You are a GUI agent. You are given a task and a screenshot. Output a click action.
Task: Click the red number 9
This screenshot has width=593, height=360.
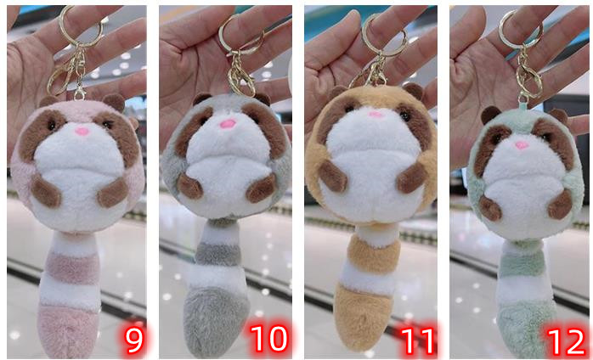(x=134, y=340)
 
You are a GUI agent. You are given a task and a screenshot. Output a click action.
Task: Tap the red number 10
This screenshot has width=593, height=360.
(x=269, y=340)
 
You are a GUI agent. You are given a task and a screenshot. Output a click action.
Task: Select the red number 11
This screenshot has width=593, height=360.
(x=417, y=341)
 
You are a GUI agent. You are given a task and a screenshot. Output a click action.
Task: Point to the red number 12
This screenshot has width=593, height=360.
(x=565, y=341)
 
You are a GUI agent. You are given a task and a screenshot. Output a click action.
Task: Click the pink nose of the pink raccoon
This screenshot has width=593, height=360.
(x=82, y=132)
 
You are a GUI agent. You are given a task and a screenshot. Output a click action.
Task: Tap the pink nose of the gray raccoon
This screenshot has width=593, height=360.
(x=228, y=124)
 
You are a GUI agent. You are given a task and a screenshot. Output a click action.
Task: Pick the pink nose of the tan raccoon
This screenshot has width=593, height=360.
(x=376, y=115)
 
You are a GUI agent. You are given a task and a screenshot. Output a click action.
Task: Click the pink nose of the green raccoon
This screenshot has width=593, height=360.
(x=522, y=145)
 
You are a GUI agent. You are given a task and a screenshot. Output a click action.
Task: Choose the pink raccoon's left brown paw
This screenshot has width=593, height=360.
(x=45, y=191)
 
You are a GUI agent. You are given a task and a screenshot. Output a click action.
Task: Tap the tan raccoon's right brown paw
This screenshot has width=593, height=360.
(x=412, y=177)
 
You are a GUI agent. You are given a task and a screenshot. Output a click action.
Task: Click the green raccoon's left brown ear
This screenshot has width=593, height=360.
(x=490, y=115)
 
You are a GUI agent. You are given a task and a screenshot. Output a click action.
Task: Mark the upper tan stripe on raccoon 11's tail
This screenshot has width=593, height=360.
(x=374, y=254)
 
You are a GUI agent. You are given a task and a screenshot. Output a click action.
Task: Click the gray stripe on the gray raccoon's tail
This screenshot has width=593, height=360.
(x=218, y=254)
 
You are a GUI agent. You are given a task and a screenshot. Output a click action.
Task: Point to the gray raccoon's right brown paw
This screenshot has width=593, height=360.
(x=261, y=188)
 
